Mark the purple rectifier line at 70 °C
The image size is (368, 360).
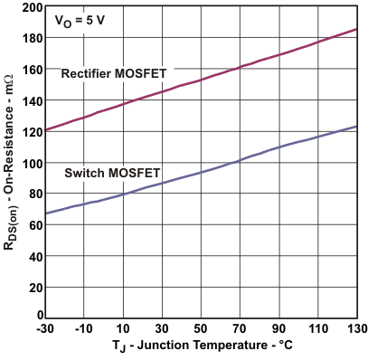pyautogui.click(x=241, y=67)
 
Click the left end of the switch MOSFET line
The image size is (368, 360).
pyautogui.click(x=46, y=214)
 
